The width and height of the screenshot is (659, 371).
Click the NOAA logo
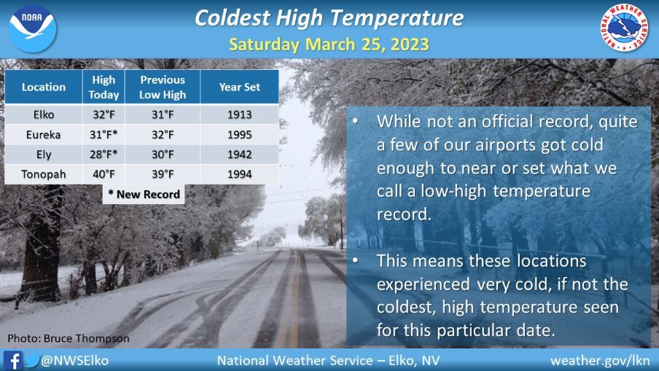[33, 28]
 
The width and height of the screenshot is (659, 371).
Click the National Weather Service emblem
[625, 29]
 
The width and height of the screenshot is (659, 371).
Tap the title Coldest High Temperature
[329, 18]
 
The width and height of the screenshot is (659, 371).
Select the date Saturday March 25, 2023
[329, 44]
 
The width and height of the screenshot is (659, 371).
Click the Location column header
[44, 87]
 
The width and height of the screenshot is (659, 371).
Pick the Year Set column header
[239, 87]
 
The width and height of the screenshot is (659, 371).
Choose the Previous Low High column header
[163, 87]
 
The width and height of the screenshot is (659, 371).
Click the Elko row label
[44, 114]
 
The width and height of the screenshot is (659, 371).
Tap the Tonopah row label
[44, 173]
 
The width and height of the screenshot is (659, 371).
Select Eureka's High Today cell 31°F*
[104, 134]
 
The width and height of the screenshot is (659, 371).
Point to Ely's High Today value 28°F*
[104, 154]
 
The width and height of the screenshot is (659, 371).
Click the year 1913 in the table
[239, 114]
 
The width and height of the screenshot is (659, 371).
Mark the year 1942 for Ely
[239, 154]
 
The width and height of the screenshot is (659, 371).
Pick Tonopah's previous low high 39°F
[163, 173]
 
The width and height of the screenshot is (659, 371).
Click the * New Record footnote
[143, 194]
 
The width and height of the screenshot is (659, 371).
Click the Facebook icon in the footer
[12, 360]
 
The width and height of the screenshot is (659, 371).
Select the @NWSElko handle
[76, 360]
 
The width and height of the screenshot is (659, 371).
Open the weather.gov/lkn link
[599, 360]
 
